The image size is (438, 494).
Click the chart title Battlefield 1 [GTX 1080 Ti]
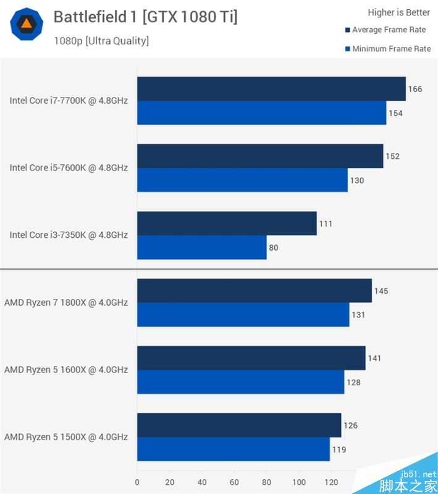pos(145,17)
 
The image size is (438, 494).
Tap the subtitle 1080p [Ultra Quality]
pos(101,41)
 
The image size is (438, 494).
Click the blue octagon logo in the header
pos(27,24)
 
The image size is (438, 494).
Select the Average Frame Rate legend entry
pos(389,30)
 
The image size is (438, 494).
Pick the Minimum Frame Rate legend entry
pos(390,49)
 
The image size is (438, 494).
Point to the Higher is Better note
pos(398,12)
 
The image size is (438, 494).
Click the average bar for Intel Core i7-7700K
pos(271,89)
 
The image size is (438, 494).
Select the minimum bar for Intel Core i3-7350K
pos(201,247)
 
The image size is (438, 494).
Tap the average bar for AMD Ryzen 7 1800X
pos(254,291)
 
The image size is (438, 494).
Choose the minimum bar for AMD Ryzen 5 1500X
pos(233,449)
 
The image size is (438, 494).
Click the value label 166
pos(415,89)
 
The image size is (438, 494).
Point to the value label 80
pos(274,248)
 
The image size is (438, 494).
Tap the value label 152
pos(392,156)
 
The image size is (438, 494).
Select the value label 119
pos(339,450)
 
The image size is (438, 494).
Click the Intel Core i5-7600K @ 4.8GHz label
pos(69,167)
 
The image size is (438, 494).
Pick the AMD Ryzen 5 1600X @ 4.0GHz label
pos(66,369)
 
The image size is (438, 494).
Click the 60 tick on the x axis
pos(234,482)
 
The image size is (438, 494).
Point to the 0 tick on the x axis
pos(137,482)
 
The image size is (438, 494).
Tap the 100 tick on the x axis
pos(299,482)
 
